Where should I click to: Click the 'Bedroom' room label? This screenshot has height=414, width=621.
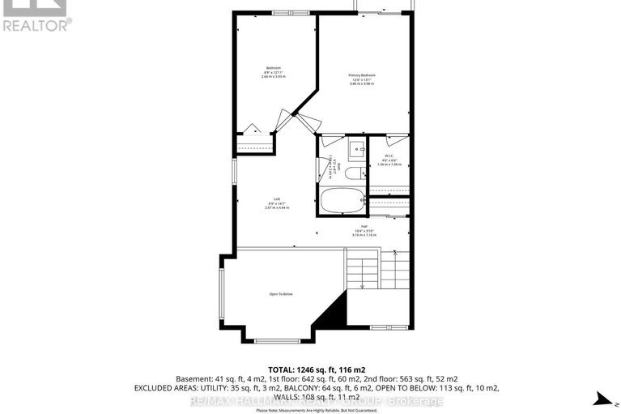pos(273,66)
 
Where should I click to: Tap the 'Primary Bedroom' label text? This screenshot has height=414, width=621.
pos(362,75)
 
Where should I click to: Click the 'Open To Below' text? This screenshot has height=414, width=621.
pos(280,293)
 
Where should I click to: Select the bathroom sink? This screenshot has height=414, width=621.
pos(355,151)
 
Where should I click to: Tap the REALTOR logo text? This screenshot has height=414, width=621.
pos(37,24)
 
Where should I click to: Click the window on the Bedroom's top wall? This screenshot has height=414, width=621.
pos(284,13)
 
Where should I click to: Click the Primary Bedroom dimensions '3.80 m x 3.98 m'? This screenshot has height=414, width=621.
pos(362,83)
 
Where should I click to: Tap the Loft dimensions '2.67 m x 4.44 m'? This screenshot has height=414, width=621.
pos(276,208)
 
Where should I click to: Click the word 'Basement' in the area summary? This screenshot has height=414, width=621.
pos(192,378)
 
